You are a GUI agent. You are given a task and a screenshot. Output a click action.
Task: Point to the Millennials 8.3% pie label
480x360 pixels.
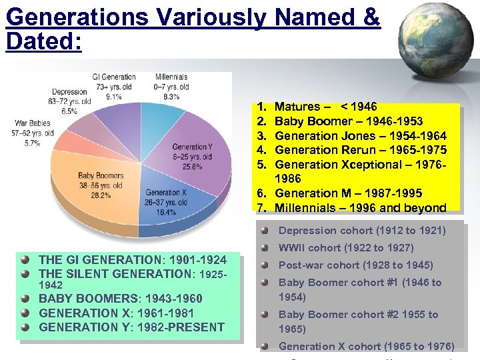pyautogui.click(x=171, y=87)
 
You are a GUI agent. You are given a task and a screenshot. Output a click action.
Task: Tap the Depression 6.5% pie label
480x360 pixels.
pyautogui.click(x=69, y=101)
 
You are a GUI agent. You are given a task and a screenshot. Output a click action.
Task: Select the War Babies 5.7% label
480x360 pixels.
pyautogui.click(x=31, y=133)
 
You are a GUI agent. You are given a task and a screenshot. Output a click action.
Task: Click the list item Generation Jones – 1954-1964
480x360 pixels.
pyautogui.click(x=361, y=135)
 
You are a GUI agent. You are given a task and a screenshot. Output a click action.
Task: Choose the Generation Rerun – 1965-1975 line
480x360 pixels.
pyautogui.click(x=361, y=150)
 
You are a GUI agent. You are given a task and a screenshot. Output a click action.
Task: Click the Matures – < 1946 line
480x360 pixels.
pyautogui.click(x=326, y=107)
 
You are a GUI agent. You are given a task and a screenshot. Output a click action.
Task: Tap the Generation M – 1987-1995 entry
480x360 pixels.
pyautogui.click(x=348, y=193)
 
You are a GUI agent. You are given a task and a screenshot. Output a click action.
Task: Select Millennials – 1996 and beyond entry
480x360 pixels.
pyautogui.click(x=361, y=208)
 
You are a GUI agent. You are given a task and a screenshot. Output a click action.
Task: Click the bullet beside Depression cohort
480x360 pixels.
pyautogui.click(x=265, y=231)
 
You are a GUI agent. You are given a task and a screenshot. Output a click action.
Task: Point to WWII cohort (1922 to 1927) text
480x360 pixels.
pyautogui.click(x=346, y=248)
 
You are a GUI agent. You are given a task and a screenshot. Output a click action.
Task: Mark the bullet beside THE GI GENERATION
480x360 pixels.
pyautogui.click(x=25, y=260)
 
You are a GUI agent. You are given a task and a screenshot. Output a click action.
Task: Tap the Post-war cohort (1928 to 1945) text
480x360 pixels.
pyautogui.click(x=355, y=265)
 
